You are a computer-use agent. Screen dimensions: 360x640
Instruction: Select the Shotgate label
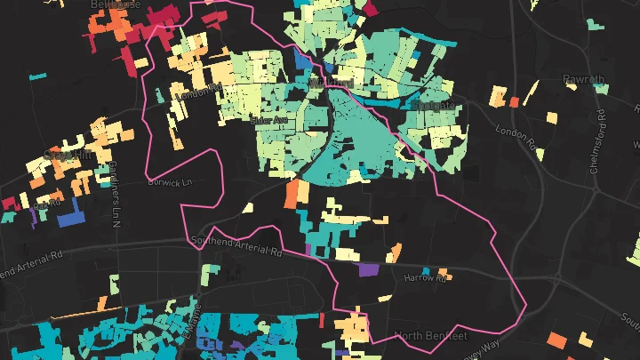[433, 106]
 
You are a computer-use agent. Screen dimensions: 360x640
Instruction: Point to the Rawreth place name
[584, 79]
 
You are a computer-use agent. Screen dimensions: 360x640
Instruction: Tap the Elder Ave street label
[271, 117]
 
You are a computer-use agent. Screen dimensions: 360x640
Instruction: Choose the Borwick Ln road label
[170, 182]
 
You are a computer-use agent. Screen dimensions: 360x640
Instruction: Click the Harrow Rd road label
[426, 278]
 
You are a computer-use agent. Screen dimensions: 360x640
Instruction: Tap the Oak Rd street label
[44, 205]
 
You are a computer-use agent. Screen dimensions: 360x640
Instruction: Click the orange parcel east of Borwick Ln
[291, 195]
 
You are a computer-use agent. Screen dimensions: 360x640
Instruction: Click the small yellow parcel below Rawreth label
[553, 116]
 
